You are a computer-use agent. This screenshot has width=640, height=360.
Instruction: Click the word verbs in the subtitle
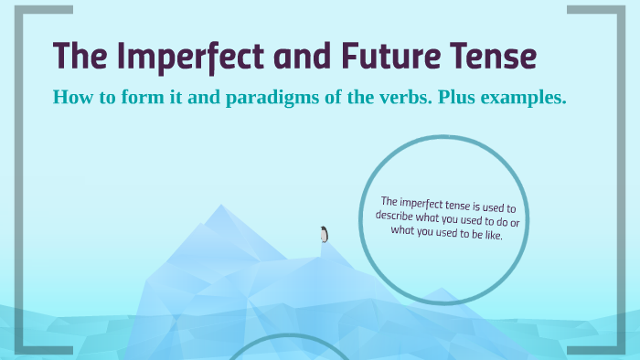tap(377, 98)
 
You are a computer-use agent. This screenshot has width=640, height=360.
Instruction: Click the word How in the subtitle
tap(72, 98)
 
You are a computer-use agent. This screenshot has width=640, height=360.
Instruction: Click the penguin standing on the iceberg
tap(324, 234)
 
